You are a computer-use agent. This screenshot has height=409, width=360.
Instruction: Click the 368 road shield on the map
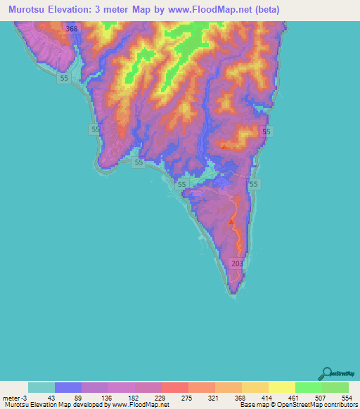click(70, 29)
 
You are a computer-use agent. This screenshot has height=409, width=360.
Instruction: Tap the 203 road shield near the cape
click(237, 263)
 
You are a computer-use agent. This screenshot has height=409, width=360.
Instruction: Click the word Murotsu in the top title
click(27, 11)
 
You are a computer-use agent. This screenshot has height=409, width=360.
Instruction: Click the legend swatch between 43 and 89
click(68, 387)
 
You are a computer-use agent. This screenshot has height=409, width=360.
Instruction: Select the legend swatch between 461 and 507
click(309, 387)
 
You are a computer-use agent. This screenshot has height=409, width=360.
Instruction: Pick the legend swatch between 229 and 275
click(175, 387)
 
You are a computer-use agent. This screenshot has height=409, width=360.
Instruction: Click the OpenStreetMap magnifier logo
click(326, 372)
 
